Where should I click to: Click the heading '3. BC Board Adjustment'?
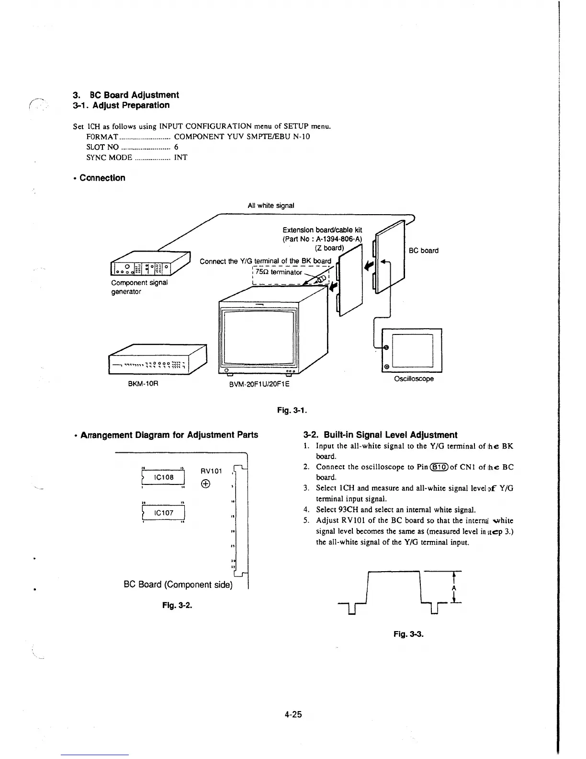click(126, 95)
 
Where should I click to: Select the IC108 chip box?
click(163, 477)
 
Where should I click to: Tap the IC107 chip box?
click(163, 513)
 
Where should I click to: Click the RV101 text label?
click(211, 471)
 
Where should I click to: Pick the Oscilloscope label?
click(414, 379)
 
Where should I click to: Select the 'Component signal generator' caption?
click(139, 287)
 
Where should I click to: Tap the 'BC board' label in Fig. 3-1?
click(423, 250)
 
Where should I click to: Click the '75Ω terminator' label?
click(278, 272)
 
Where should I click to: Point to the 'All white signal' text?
click(270, 206)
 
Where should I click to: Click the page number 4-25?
click(293, 714)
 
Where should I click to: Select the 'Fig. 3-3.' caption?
click(408, 634)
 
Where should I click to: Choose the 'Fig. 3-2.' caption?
click(177, 605)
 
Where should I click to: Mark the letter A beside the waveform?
click(453, 588)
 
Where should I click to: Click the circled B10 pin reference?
click(438, 467)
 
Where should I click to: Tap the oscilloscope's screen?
click(412, 350)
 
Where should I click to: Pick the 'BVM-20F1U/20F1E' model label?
click(259, 384)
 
